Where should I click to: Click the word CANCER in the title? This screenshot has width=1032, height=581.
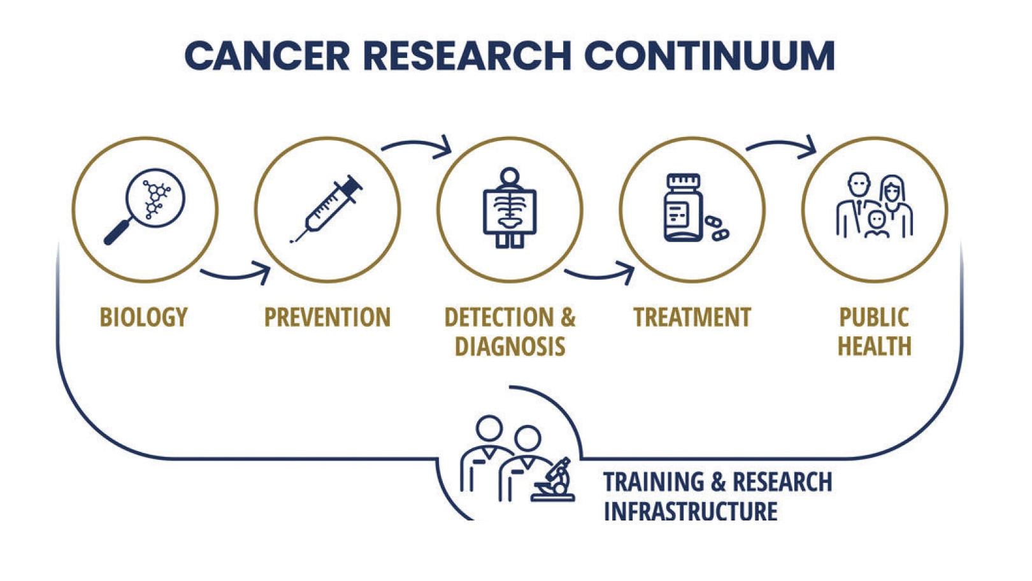(267, 56)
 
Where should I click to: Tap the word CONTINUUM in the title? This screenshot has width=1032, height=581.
(710, 56)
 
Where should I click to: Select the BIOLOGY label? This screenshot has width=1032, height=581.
(144, 317)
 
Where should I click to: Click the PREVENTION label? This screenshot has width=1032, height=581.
(327, 317)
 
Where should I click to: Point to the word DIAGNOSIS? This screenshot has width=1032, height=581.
(510, 346)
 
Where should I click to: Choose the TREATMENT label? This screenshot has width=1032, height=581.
(692, 317)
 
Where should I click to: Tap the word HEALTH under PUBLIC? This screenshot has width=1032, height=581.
(875, 346)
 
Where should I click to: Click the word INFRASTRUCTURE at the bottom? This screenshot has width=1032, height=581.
(691, 510)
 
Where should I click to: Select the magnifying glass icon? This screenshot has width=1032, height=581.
(144, 206)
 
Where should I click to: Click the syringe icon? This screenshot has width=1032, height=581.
(326, 208)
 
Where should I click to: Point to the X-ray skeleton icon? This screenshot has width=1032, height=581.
(510, 208)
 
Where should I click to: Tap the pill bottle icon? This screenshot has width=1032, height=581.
(684, 207)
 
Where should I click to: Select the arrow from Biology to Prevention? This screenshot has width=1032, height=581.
(235, 275)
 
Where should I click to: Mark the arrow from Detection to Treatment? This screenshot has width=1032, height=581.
(599, 275)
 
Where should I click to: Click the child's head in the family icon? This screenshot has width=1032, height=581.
(877, 220)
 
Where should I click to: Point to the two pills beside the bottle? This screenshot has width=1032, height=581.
(717, 228)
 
